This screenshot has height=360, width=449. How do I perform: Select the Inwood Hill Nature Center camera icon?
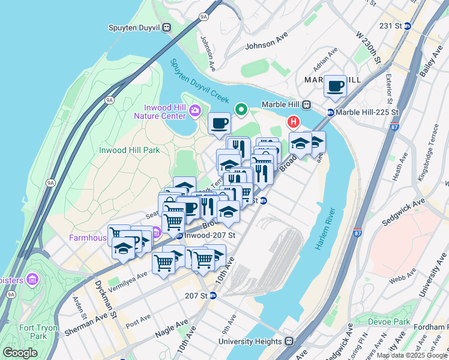(x=195, y=110)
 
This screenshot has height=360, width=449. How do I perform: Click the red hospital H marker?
(x=294, y=122)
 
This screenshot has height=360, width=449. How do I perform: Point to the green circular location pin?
(x=241, y=109)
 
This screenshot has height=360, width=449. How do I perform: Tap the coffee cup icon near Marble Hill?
(x=335, y=85)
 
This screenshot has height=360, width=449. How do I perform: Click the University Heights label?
(x=250, y=341)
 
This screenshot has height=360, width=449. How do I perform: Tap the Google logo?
(x=20, y=353)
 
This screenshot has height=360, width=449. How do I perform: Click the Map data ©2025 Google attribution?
(x=412, y=355)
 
